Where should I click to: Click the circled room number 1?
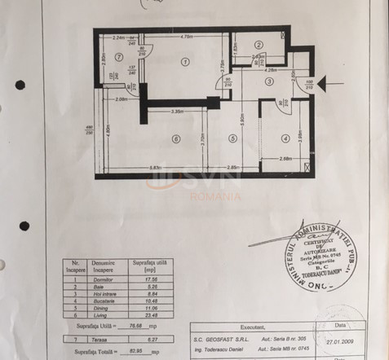184,62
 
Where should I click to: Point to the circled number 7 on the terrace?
119,56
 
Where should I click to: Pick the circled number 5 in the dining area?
232,138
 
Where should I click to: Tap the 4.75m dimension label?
185,37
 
